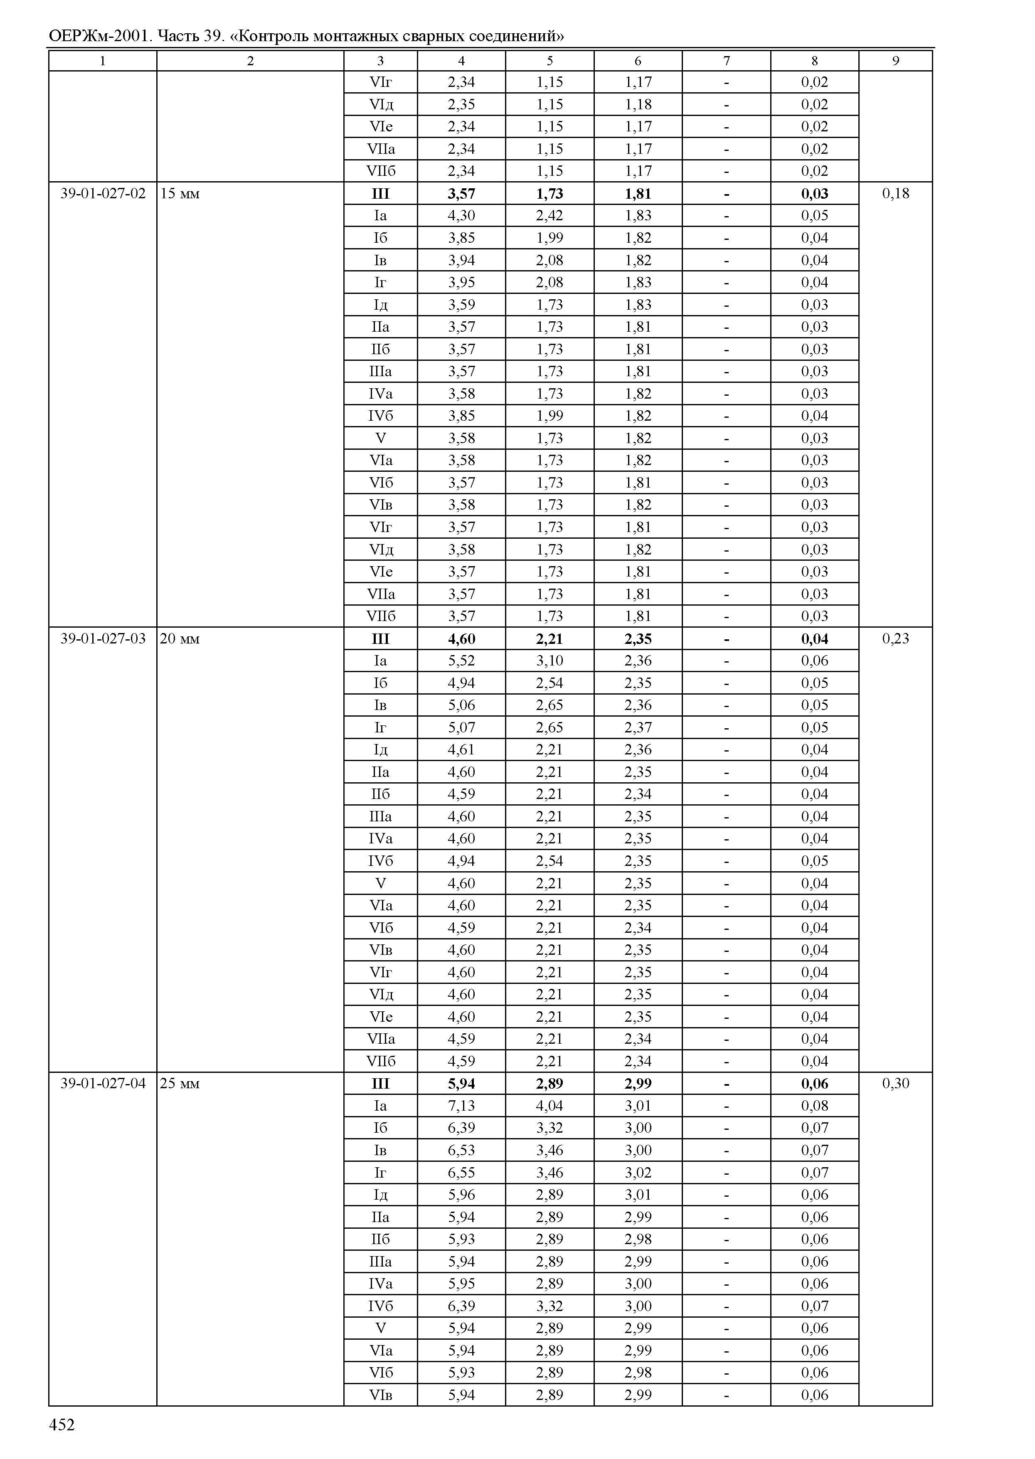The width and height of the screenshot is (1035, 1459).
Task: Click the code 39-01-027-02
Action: point(103,193)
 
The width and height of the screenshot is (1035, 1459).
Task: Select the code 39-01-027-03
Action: point(103,638)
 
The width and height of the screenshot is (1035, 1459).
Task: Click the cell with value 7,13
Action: point(461,1105)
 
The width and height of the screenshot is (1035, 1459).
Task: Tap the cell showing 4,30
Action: point(461,215)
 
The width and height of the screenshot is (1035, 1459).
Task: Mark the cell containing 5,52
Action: point(461,660)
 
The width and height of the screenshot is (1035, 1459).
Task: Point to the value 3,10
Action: point(550,660)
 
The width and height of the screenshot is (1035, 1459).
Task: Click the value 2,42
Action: point(550,215)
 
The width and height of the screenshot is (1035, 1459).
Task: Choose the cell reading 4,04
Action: point(550,1105)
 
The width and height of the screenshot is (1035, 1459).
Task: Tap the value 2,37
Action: point(638,727)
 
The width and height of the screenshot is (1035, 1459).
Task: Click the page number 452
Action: point(62,1425)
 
